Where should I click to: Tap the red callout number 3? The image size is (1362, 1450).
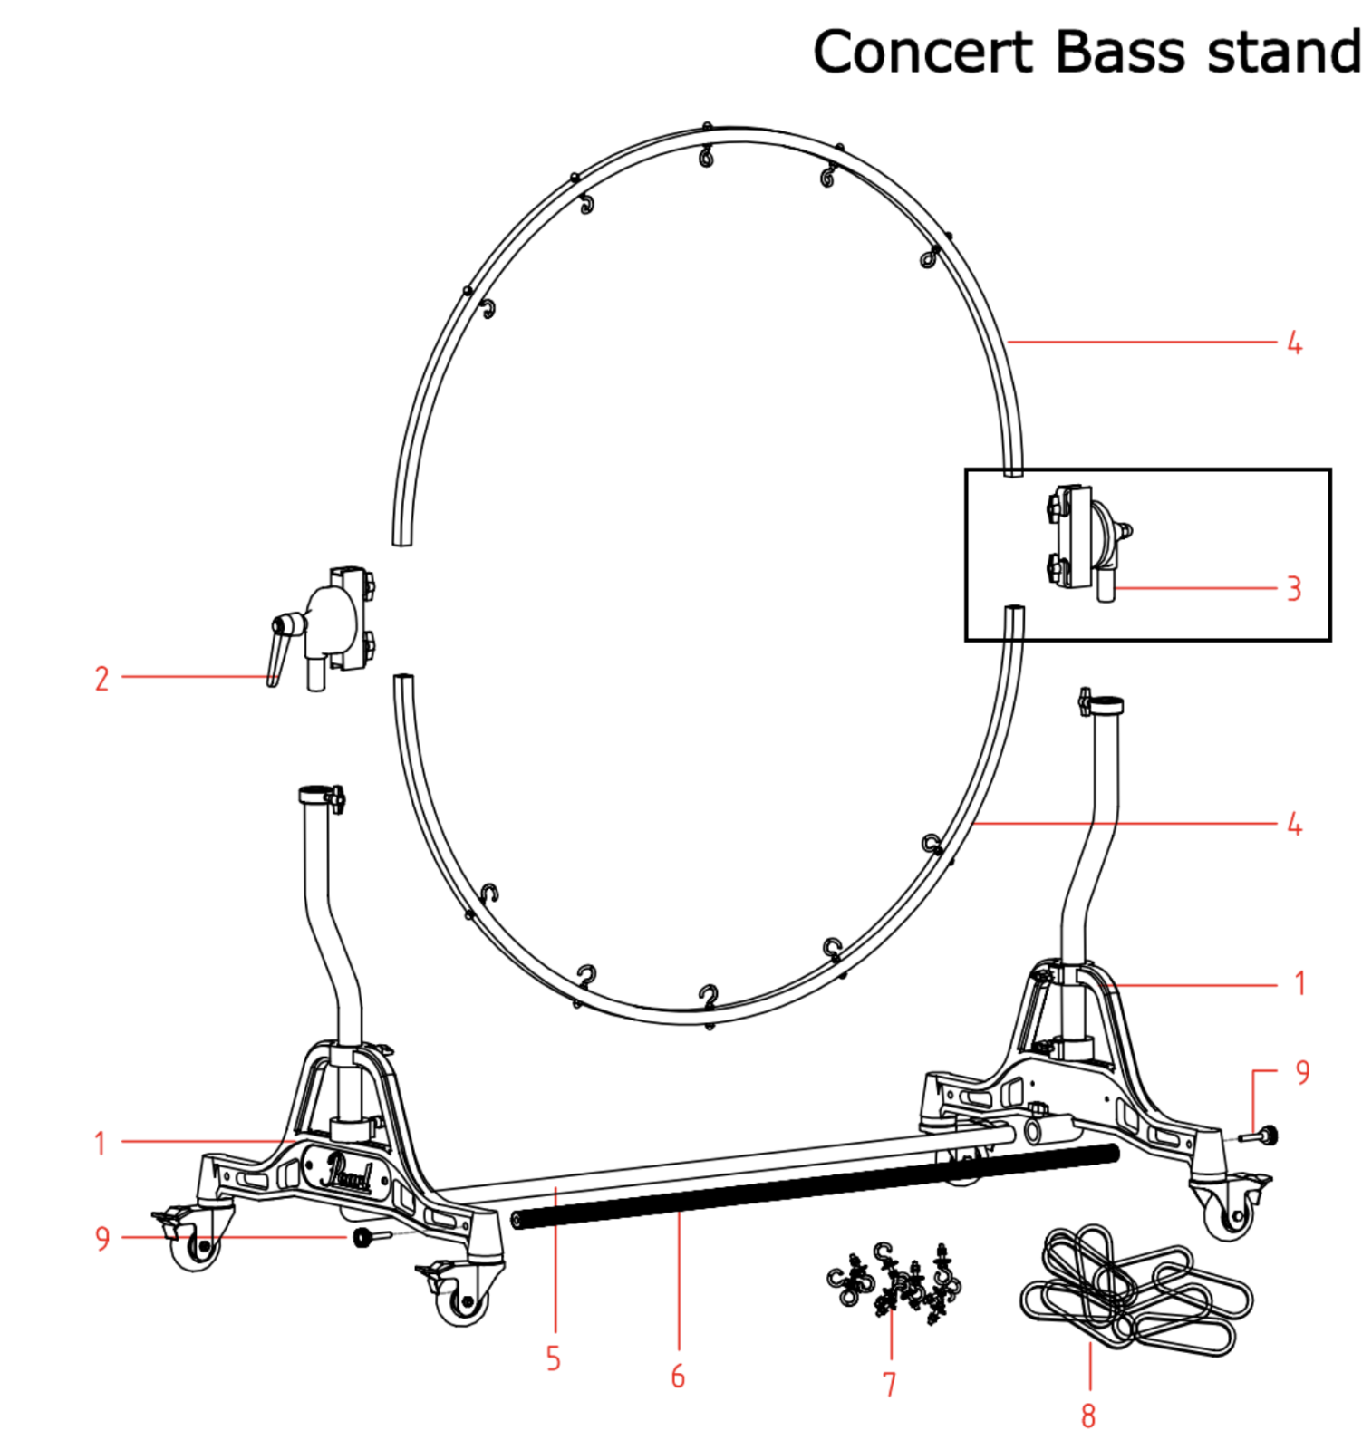(x=1294, y=589)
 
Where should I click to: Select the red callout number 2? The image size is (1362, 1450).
(x=101, y=679)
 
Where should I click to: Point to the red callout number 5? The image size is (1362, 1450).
(x=553, y=1358)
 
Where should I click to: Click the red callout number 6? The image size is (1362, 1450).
(x=678, y=1376)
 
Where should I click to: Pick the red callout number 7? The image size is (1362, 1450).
(x=889, y=1384)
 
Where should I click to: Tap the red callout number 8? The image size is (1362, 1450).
(x=1087, y=1415)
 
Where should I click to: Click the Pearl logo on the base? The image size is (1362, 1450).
(x=347, y=1172)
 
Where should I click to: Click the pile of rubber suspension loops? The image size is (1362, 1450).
(x=1136, y=1287)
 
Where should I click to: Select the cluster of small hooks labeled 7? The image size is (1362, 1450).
(x=894, y=1281)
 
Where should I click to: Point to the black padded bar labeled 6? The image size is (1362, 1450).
(x=814, y=1186)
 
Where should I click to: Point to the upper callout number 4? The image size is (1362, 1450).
(x=1294, y=343)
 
